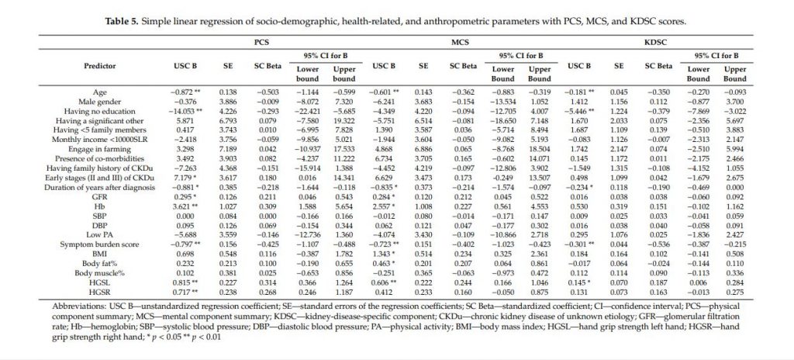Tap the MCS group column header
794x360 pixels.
(459, 45)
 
